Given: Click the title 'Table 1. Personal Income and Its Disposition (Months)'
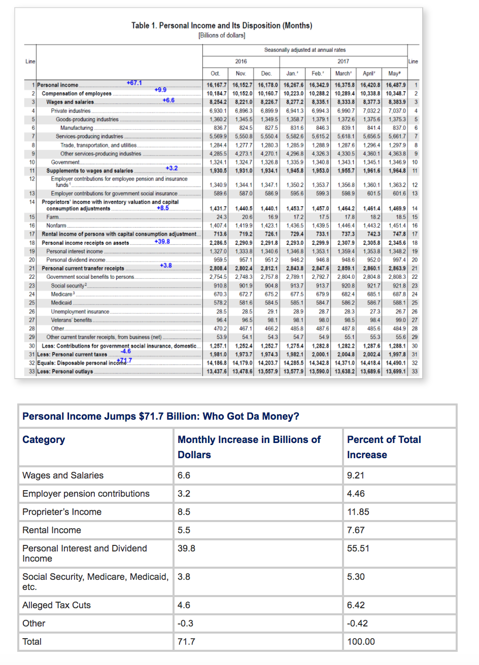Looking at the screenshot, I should click(222, 25).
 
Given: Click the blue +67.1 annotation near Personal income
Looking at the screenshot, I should click(134, 83).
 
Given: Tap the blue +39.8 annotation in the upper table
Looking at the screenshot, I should click(162, 241).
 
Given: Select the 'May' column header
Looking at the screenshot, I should click(394, 73).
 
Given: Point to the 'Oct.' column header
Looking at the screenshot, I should click(215, 73).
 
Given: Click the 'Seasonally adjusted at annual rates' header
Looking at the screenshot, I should click(305, 50).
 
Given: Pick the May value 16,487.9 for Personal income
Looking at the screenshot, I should click(396, 85).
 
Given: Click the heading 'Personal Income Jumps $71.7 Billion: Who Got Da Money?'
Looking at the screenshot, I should click(161, 416).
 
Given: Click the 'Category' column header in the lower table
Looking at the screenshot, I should click(44, 439).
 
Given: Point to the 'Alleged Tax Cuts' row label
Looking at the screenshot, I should click(56, 605).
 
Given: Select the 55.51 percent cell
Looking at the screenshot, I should click(358, 548).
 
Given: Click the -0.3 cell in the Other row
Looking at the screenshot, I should click(185, 623).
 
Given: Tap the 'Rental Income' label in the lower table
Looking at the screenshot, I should click(52, 530).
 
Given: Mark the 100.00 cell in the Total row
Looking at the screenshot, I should click(361, 642).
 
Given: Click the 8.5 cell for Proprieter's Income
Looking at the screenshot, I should click(184, 512).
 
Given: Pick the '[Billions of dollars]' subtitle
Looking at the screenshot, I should click(222, 35).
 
